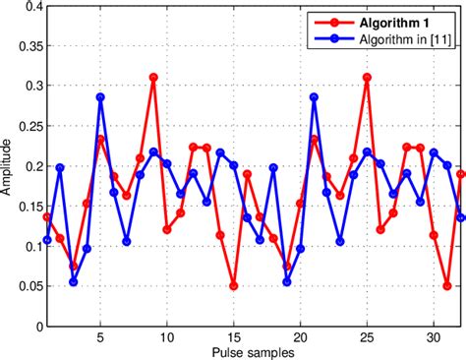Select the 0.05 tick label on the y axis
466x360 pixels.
pos(26,287)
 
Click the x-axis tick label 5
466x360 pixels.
pos(100,336)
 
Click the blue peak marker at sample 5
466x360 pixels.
pos(100,97)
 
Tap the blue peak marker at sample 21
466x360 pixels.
pos(314,97)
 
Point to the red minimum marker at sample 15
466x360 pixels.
pos(234,286)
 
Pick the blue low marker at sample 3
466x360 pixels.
pos(74,282)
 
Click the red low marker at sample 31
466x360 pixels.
pos(447,286)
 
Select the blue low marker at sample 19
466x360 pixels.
pos(287,282)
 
